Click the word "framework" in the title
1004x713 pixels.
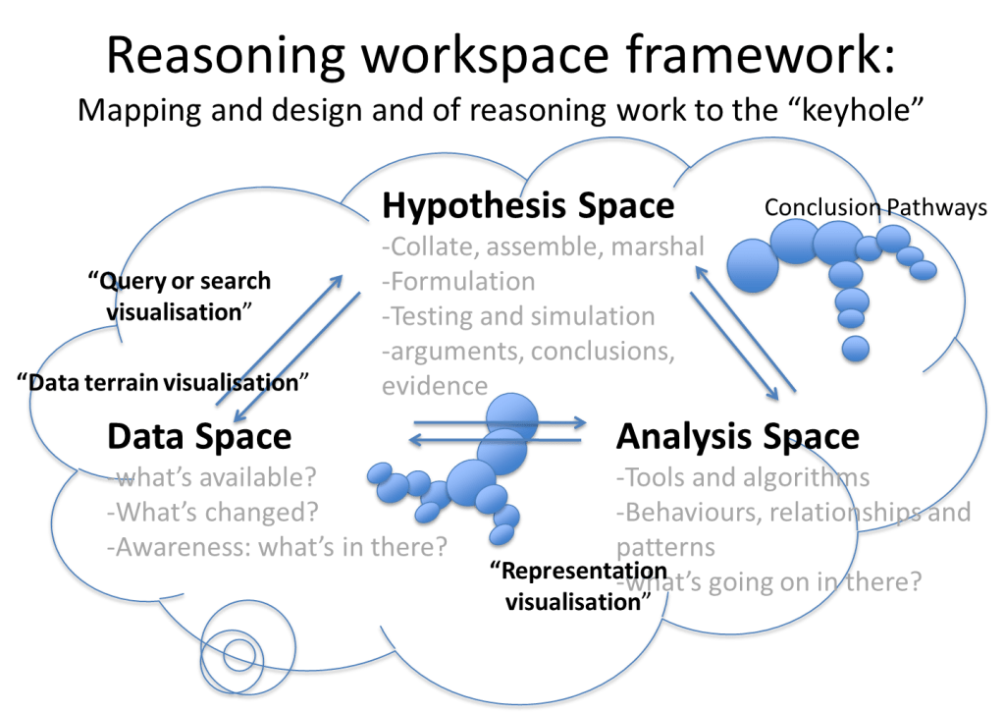(759, 55)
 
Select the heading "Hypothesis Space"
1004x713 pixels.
(528, 206)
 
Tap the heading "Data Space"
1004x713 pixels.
(200, 437)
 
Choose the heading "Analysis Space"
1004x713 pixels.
(738, 437)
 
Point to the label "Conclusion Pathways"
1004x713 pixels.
(875, 207)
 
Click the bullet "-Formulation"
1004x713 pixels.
(458, 281)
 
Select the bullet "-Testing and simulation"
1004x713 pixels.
(518, 316)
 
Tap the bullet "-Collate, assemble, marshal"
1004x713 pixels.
(543, 247)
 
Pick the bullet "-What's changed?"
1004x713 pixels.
(213, 512)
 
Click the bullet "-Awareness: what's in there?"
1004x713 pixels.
(277, 547)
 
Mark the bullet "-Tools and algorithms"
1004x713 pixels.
(743, 477)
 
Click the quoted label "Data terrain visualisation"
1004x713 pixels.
(163, 382)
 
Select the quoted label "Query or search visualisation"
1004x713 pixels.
(180, 297)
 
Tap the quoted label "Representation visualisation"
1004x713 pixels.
(578, 586)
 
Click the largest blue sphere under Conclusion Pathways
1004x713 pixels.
(753, 266)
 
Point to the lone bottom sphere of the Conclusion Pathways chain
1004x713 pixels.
(856, 349)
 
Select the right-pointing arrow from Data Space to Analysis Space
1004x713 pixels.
(501, 422)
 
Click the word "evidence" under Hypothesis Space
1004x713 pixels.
(435, 386)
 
